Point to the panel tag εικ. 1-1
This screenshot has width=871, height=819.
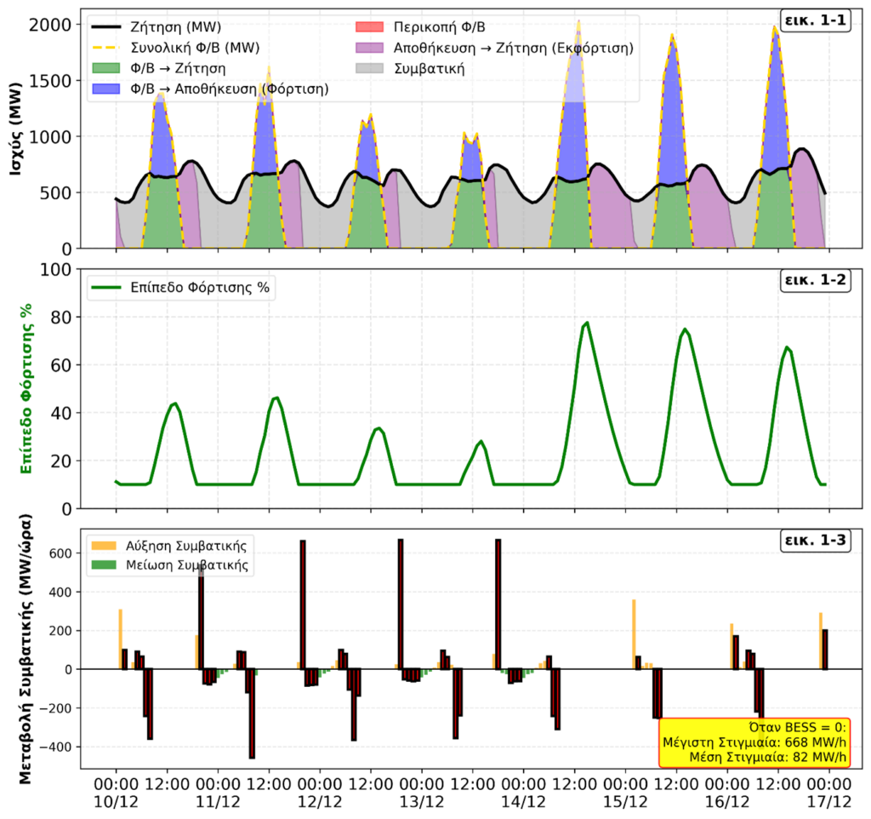[816, 21]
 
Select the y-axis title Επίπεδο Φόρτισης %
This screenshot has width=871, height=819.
[28, 387]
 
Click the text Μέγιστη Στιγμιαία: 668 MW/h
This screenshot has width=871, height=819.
[753, 742]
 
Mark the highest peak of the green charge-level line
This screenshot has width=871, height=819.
[587, 323]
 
